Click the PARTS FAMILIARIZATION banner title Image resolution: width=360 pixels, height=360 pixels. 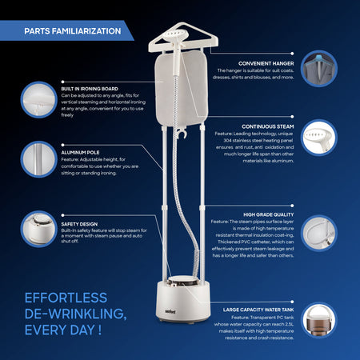pos(73,31)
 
